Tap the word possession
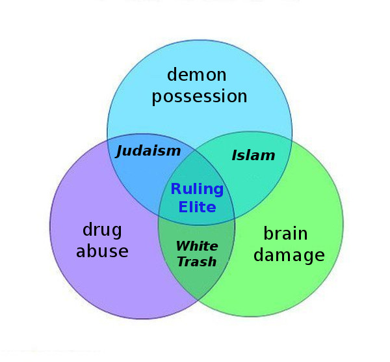pyautogui.click(x=199, y=97)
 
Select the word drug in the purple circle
pyautogui.click(x=102, y=230)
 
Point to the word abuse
pyautogui.click(x=102, y=251)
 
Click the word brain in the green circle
pyautogui.click(x=285, y=233)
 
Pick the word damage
pyautogui.click(x=289, y=255)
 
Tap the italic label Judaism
pyautogui.click(x=148, y=151)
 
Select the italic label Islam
pyautogui.click(x=253, y=156)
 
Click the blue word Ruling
pyautogui.click(x=197, y=189)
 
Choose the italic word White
pyautogui.click(x=197, y=246)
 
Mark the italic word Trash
pyautogui.click(x=197, y=262)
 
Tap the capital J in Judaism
pyautogui.click(x=120, y=151)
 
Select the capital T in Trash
pyautogui.click(x=182, y=262)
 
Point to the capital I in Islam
pyautogui.click(x=235, y=156)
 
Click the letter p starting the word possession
pyautogui.click(x=157, y=98)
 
